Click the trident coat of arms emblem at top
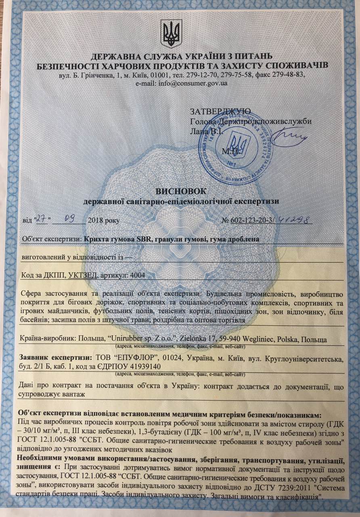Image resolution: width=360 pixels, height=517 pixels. click(171, 34)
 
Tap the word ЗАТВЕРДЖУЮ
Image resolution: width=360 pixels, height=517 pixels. click(220, 111)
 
